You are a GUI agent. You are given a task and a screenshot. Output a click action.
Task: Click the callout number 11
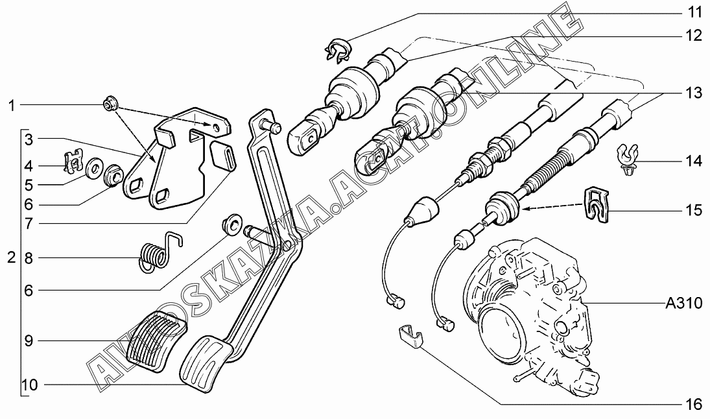(693, 12)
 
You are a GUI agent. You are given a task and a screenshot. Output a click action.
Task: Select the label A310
(683, 303)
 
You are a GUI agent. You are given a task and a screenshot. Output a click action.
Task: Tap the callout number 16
(693, 403)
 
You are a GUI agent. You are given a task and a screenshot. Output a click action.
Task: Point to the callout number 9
(29, 341)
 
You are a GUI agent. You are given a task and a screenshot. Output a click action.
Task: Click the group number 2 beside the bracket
(11, 258)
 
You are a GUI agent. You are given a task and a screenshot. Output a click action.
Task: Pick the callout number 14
(693, 161)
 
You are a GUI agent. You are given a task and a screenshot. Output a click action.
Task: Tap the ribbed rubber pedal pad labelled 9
(156, 341)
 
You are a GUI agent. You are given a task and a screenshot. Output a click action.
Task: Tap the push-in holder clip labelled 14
(628, 160)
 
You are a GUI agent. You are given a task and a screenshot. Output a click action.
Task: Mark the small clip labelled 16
(409, 335)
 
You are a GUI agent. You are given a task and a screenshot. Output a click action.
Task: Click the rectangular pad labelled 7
(224, 154)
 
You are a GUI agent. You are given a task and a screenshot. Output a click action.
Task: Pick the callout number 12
(693, 35)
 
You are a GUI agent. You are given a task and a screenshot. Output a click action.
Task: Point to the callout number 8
(29, 259)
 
